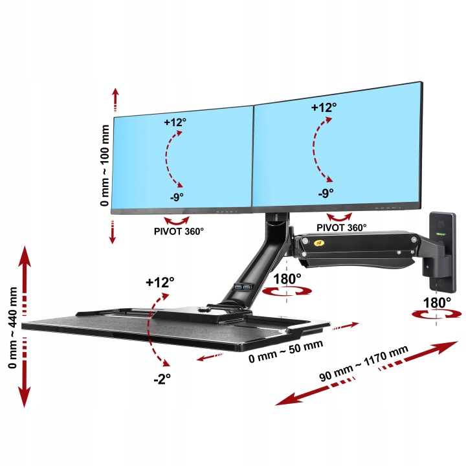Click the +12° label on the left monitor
(176, 122)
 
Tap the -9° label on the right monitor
(325, 192)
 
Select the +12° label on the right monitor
(323, 107)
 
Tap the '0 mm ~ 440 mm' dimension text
(12, 327)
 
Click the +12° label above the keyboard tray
(160, 282)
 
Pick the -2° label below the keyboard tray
(161, 380)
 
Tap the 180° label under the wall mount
(438, 302)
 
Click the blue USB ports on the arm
(246, 287)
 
